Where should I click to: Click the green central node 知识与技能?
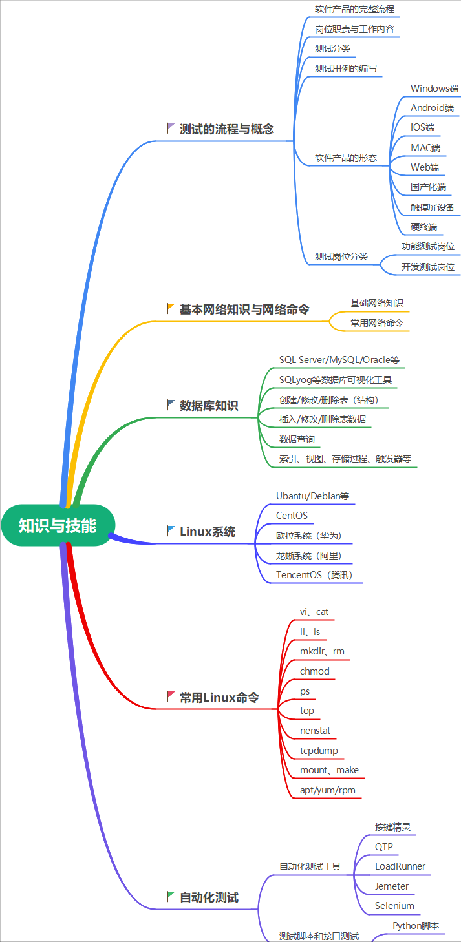point(58,525)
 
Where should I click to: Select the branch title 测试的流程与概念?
point(226,129)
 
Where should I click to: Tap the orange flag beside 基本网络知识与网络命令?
point(171,308)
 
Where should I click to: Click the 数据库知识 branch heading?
point(208,406)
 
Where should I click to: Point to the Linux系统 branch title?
point(207,532)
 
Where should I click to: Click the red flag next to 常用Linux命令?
point(171,696)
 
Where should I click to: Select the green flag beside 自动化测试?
point(171,896)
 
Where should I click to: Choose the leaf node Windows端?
point(434,89)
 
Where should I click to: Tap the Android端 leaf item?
point(432,108)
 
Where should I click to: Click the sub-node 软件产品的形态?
point(345,158)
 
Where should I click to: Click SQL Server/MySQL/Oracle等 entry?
point(334,359)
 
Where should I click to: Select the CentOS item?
point(292,516)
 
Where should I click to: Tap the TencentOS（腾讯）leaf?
point(314,575)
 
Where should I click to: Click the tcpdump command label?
point(319,751)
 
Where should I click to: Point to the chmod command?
point(314,671)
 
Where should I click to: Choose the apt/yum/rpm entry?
point(327,790)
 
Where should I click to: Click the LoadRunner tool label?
point(400,866)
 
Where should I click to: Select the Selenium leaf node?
point(394,906)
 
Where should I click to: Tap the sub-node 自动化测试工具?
point(310,866)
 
